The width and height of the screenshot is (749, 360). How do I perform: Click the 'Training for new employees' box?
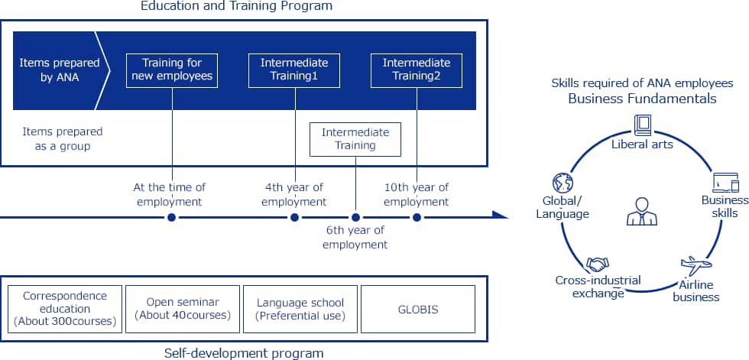(x=172, y=70)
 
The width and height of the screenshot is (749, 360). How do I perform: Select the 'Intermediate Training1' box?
(x=294, y=70)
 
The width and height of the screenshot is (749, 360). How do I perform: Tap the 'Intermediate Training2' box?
(x=417, y=70)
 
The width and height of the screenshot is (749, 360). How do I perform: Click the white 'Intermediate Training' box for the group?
(x=355, y=138)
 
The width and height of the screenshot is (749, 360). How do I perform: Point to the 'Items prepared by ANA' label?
(x=49, y=70)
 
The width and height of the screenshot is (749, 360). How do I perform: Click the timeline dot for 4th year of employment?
(x=294, y=218)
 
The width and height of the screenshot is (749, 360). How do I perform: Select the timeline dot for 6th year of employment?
(x=355, y=218)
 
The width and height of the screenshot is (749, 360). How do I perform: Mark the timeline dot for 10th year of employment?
(x=417, y=218)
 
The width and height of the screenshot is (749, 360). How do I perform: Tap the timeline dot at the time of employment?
(x=172, y=218)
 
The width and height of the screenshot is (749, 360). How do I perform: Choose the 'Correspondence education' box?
(x=64, y=308)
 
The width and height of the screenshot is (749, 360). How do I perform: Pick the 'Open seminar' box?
(x=182, y=308)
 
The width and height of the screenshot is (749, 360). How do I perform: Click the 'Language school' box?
(x=300, y=308)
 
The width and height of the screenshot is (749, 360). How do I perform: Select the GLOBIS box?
(x=418, y=308)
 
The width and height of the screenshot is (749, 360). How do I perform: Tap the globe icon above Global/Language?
(x=563, y=183)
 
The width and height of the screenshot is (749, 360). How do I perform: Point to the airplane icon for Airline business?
(x=695, y=266)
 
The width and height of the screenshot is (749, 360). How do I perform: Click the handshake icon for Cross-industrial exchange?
(x=598, y=264)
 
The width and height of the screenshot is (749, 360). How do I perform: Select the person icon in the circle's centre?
(x=641, y=212)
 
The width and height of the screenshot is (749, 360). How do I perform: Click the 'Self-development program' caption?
(x=244, y=352)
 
